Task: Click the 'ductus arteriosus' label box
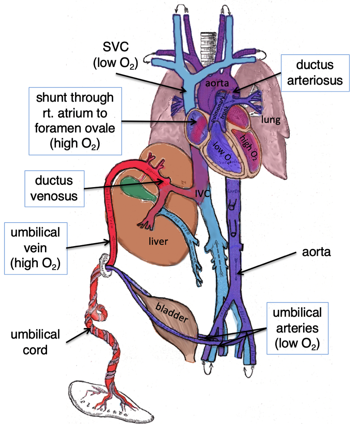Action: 315,73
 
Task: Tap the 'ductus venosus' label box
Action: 54,188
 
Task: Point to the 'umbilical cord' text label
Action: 35,342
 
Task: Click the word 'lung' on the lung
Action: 271,120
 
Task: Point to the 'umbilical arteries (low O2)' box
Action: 297,328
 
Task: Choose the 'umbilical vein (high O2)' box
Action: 35,248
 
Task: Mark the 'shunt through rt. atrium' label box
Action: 75,121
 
